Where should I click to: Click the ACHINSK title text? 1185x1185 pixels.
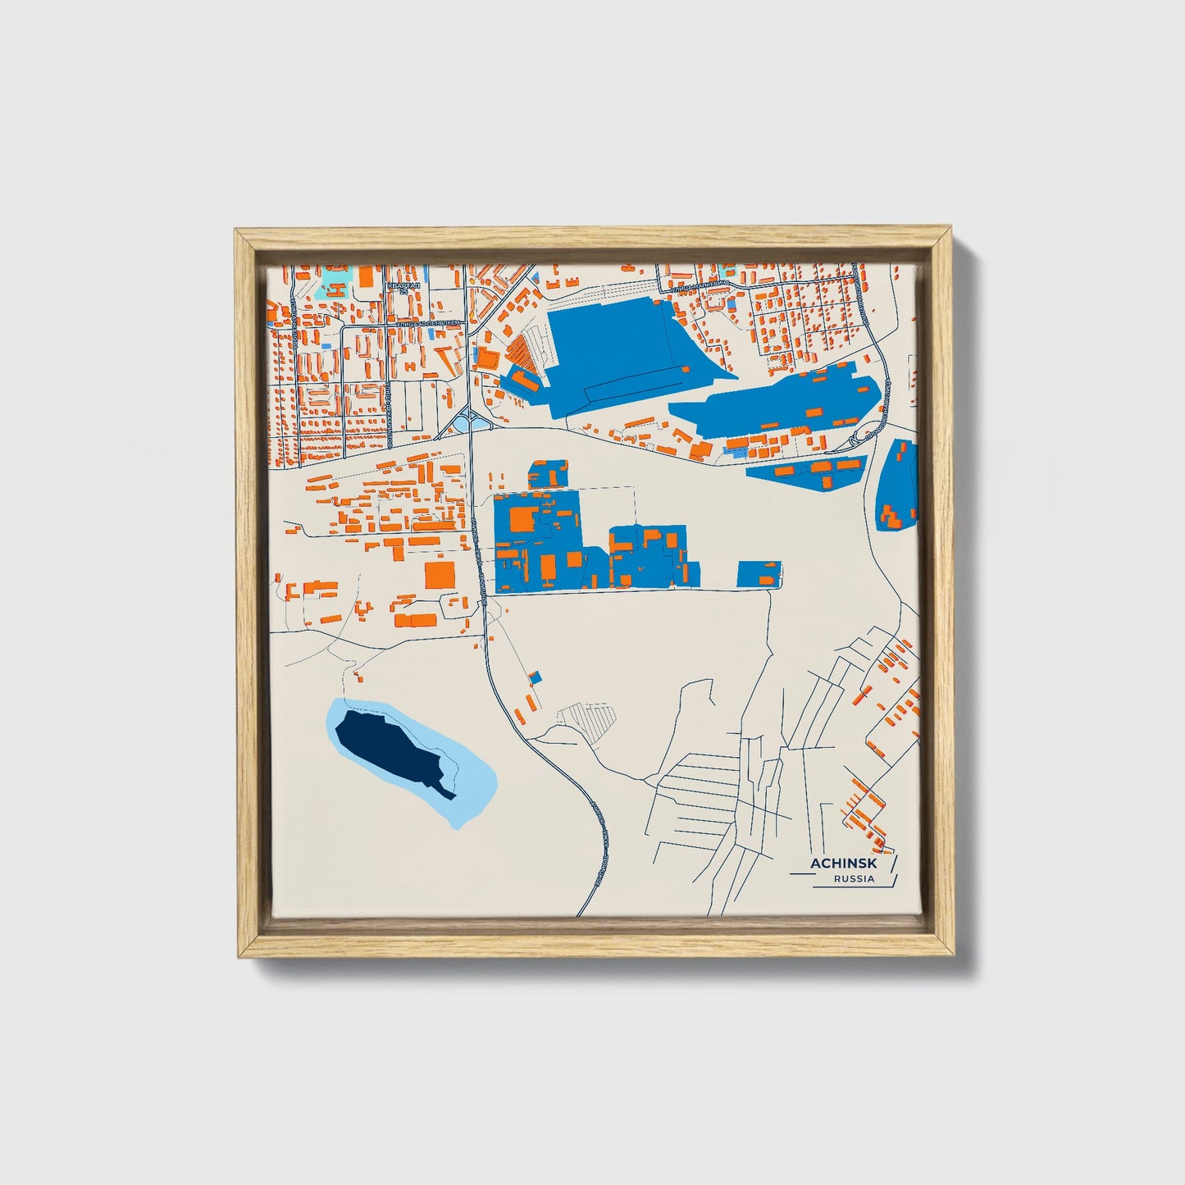click(x=843, y=864)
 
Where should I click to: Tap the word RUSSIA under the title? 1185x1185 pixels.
click(x=854, y=879)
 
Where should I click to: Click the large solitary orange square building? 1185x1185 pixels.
click(x=440, y=574)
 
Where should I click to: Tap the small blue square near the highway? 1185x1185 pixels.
click(x=536, y=677)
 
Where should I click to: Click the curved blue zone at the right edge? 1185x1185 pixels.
click(x=897, y=485)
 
